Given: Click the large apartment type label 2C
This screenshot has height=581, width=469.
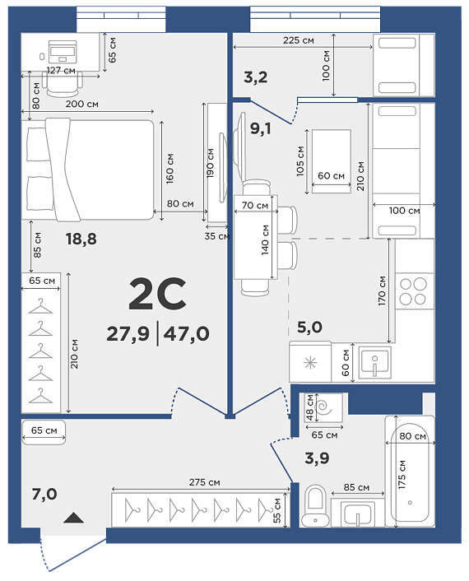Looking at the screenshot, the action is (x=157, y=294).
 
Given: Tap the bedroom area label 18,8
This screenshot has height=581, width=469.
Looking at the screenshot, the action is (x=81, y=239).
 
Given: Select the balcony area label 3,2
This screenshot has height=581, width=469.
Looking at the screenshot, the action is (x=256, y=77).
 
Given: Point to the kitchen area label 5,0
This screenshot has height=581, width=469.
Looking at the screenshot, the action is (x=309, y=328).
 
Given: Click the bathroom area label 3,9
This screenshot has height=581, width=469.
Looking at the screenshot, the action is (x=317, y=458).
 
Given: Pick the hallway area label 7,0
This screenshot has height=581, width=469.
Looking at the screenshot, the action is (x=44, y=494).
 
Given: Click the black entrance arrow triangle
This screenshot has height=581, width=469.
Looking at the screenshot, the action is (x=73, y=518).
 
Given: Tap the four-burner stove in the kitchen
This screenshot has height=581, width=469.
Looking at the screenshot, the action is (x=414, y=291).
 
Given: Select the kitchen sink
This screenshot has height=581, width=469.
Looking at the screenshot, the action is (x=374, y=363).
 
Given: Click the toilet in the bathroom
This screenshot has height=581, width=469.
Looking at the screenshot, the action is (x=315, y=505).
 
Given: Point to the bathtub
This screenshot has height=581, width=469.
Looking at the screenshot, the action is (x=410, y=471).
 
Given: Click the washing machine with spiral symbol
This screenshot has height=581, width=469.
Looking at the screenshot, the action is (x=324, y=407).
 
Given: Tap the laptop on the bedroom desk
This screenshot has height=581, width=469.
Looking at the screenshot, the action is (x=63, y=51).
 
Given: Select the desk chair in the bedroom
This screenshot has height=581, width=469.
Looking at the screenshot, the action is (x=62, y=83).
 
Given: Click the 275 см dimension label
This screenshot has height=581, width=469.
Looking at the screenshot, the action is (x=205, y=482).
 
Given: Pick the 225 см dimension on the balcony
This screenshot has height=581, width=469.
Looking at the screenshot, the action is (x=299, y=40).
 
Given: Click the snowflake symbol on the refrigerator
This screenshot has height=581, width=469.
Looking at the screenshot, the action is (x=310, y=363).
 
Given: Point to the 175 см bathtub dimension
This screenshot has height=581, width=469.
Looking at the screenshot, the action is (x=402, y=475).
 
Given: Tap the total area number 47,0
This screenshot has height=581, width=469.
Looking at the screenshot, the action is (x=186, y=333).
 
